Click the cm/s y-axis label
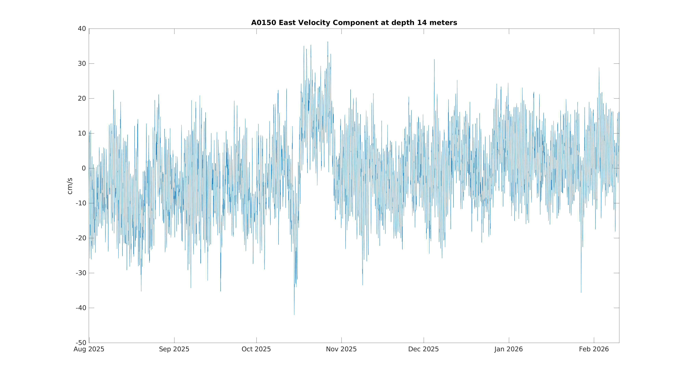pyautogui.click(x=70, y=186)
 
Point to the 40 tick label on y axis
pyautogui.click(x=82, y=29)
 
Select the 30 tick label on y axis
pyautogui.click(x=82, y=63)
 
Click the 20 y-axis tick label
pyautogui.click(x=82, y=99)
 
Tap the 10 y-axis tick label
pyautogui.click(x=82, y=133)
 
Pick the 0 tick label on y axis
pyautogui.click(x=84, y=168)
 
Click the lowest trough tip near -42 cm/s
pyautogui.click(x=294, y=315)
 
